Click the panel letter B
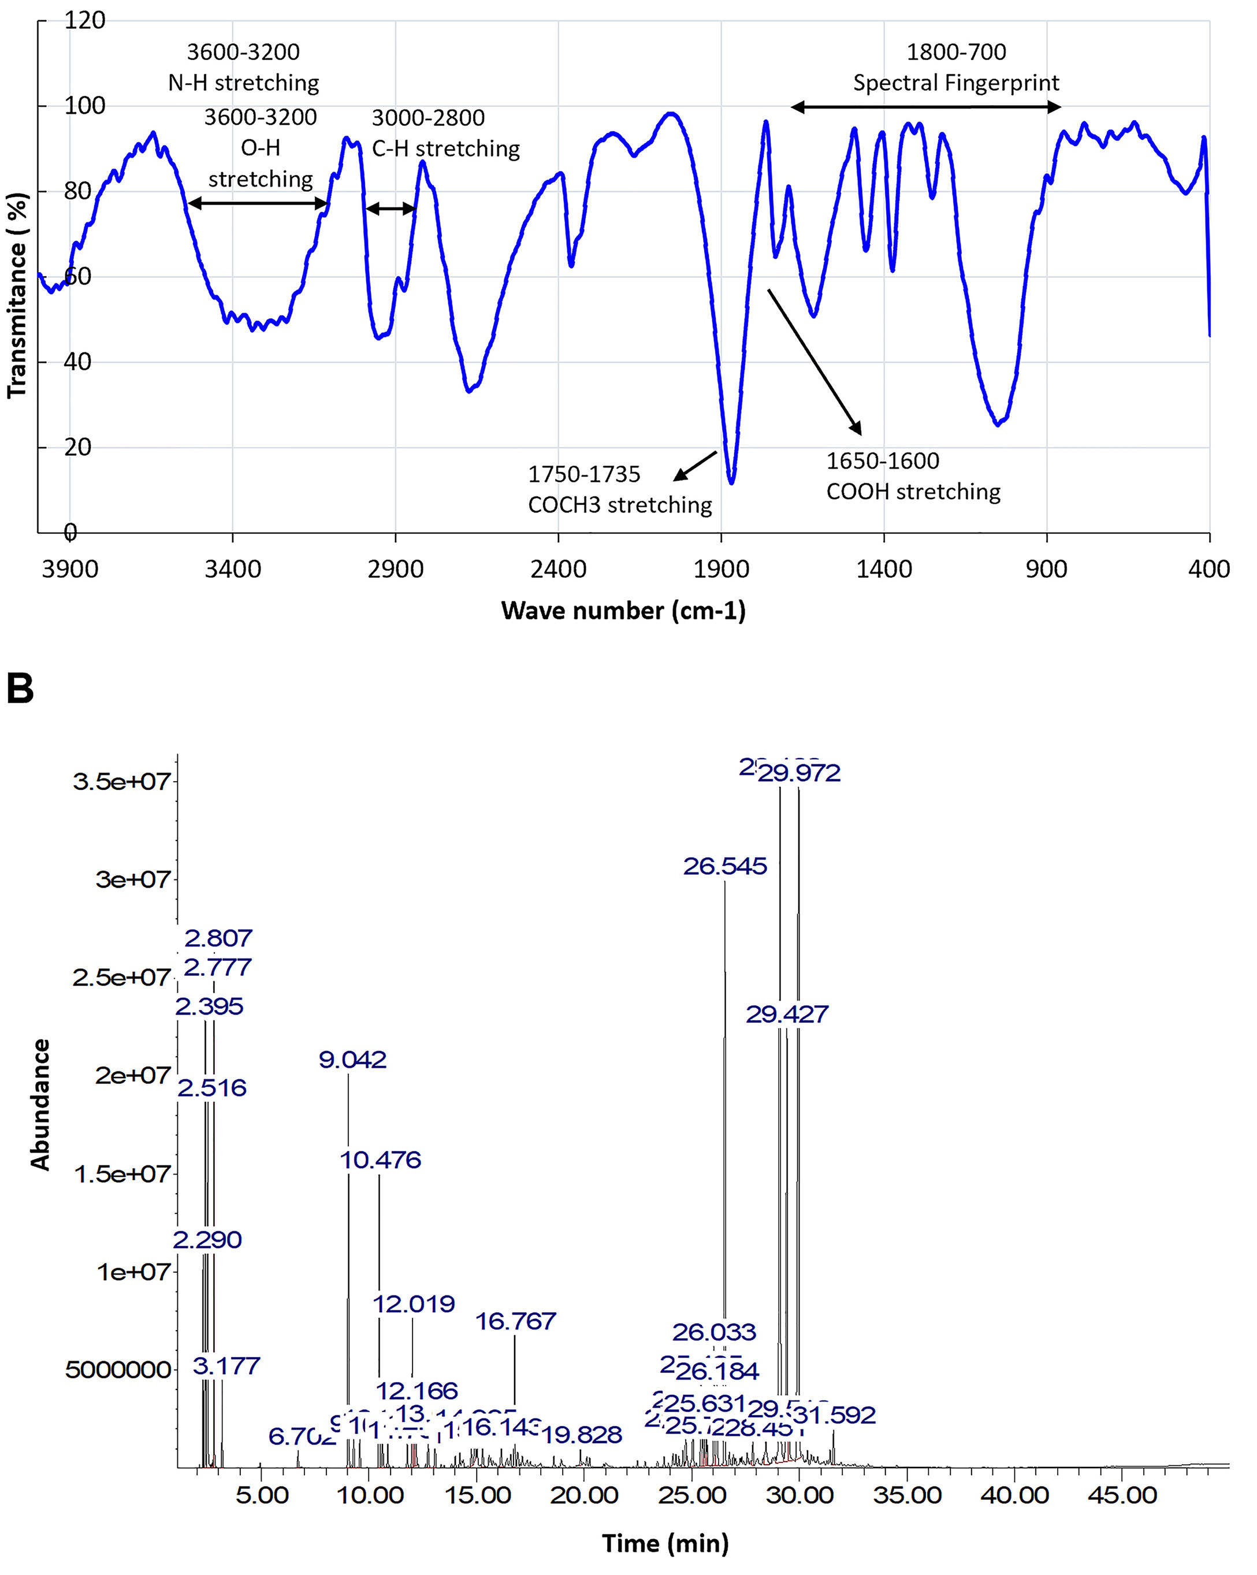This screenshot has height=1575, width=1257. coord(20,689)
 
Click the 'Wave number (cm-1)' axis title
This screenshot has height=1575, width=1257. coord(623,611)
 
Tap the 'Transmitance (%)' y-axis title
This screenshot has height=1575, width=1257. coord(17,295)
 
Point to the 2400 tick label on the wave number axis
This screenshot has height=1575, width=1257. coord(558,569)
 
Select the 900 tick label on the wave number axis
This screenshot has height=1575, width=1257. coord(1046,569)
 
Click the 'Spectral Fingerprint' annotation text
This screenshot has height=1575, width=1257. coord(955,83)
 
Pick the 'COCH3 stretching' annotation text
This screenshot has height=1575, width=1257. coord(619,505)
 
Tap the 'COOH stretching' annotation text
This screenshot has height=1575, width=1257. coord(913,492)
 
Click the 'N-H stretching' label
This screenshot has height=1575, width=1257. coord(243,83)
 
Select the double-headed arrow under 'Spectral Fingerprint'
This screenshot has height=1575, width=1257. coord(925,107)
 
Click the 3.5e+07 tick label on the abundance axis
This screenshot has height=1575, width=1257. coord(121,782)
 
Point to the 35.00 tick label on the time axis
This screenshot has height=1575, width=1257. coord(906,1495)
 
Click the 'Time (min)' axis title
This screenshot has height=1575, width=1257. coord(665,1544)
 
